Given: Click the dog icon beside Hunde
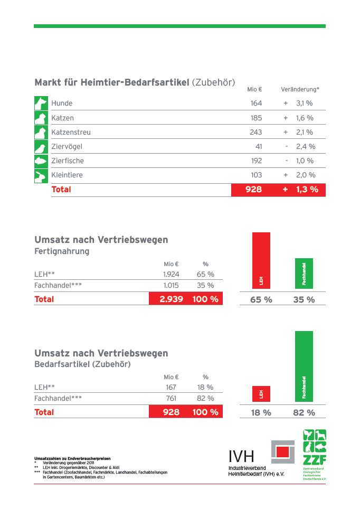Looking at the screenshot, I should click(41, 103).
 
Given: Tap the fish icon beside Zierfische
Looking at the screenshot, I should click(41, 161).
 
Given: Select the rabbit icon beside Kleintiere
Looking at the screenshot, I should click(41, 175).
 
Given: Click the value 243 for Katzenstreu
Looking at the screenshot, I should click(255, 132).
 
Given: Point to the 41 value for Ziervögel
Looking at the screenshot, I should click(258, 146).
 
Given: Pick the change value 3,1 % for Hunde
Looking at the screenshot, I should click(305, 103).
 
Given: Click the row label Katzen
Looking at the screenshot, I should click(62, 118).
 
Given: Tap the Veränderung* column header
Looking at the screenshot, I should click(300, 90).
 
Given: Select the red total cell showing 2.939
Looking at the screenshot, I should click(171, 299).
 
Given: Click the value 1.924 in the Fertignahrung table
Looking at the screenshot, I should click(171, 274).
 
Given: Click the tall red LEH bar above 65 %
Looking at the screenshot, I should click(261, 261).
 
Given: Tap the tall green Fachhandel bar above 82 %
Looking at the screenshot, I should click(304, 365).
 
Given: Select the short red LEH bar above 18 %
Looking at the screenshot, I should click(261, 393).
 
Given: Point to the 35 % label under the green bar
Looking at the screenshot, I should click(304, 299).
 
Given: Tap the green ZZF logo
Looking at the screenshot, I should click(314, 454).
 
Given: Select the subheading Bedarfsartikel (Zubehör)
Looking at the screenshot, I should click(82, 364).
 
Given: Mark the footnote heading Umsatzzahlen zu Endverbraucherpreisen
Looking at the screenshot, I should click(72, 458).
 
